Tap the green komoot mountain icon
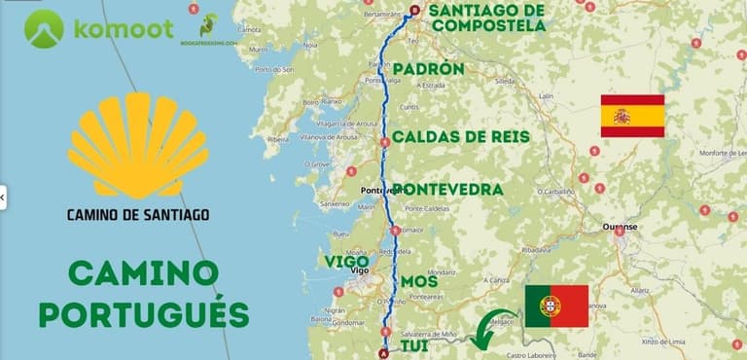pos(44,28)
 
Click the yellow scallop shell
pos(138,146)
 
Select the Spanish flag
pos(632,116)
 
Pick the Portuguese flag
pos(556,306)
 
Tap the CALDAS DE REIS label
pos(460,136)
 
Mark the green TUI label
pos(414,344)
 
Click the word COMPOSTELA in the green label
pos(489,26)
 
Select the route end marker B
pos(414,11)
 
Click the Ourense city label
pos(619,227)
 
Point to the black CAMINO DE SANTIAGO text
pos(137,213)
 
